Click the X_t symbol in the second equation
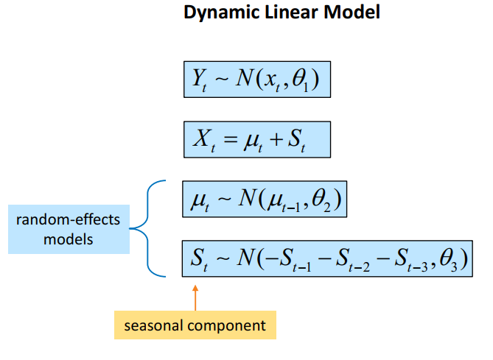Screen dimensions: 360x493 [x=201, y=140]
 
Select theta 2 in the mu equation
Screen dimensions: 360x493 [x=323, y=200]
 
